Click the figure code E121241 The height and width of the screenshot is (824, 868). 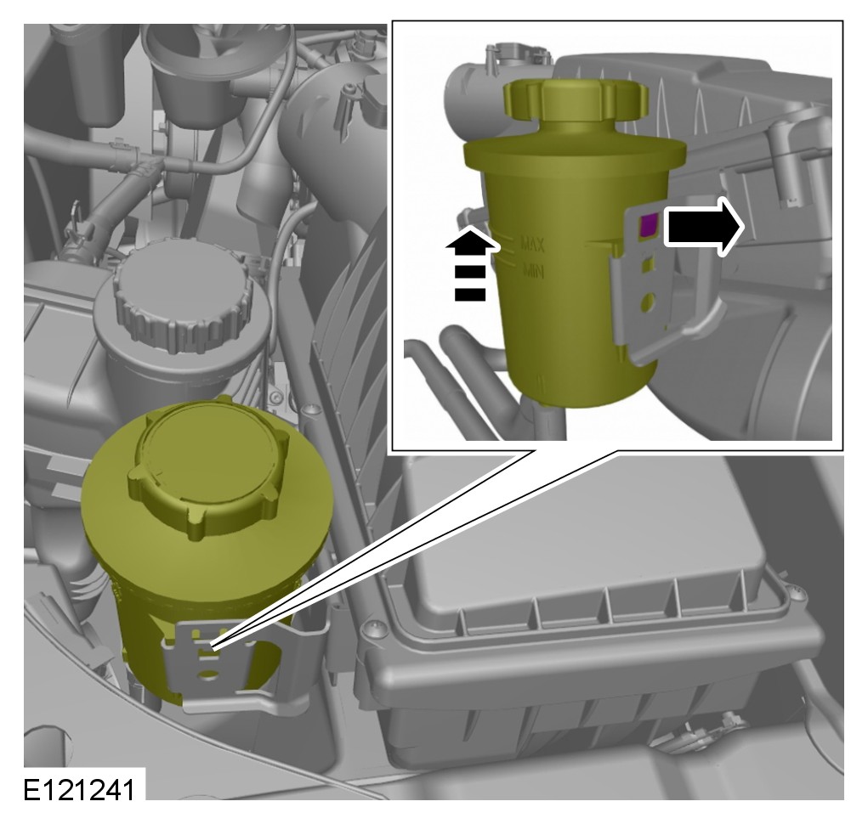point(78,789)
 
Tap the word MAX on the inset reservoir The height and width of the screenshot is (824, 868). point(532,244)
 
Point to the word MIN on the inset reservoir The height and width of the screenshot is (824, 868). point(534,271)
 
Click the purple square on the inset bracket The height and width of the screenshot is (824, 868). point(648,226)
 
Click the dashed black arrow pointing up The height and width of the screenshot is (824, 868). point(469,264)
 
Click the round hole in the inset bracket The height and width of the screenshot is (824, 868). point(647,302)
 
